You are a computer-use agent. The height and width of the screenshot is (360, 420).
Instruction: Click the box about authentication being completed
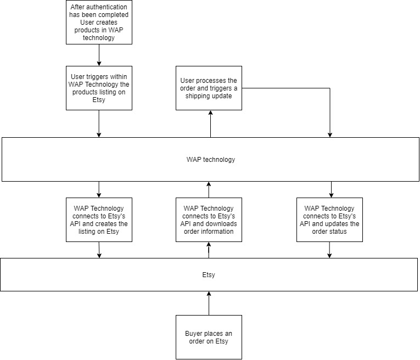(x=99, y=22)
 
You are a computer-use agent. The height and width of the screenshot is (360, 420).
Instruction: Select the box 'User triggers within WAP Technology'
(x=99, y=88)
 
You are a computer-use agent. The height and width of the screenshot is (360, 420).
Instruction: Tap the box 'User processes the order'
(x=209, y=88)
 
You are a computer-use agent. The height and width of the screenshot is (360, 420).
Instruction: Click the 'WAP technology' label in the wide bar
(x=211, y=160)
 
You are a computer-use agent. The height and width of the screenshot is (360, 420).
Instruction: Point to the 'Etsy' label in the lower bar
(x=209, y=275)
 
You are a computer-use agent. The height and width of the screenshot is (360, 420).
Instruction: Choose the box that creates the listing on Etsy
(x=99, y=220)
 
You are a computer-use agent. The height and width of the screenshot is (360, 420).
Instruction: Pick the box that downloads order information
(x=209, y=220)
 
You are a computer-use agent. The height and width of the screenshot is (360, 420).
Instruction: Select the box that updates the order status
(x=329, y=220)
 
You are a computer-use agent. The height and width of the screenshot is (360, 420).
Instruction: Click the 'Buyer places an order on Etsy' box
(x=209, y=337)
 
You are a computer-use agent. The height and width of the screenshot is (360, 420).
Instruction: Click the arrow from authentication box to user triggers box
(x=99, y=55)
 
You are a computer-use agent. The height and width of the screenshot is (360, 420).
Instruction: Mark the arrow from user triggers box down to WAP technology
(x=99, y=123)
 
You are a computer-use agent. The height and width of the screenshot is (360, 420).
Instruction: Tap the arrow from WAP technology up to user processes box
(x=210, y=124)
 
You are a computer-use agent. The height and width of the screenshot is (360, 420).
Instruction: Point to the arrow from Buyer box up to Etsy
(x=209, y=303)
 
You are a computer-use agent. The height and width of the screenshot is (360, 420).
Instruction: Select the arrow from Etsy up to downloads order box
(x=209, y=250)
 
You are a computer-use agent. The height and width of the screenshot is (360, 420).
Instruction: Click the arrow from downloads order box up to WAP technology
(x=209, y=190)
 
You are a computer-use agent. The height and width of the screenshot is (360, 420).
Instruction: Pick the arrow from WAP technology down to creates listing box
(x=99, y=189)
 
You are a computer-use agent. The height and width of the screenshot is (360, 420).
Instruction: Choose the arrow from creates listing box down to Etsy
(x=99, y=250)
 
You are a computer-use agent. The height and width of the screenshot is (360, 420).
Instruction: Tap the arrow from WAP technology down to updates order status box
(x=332, y=189)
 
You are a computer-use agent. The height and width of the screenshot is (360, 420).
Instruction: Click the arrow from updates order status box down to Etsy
(x=329, y=250)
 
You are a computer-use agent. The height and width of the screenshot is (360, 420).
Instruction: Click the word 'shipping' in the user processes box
(x=196, y=96)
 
